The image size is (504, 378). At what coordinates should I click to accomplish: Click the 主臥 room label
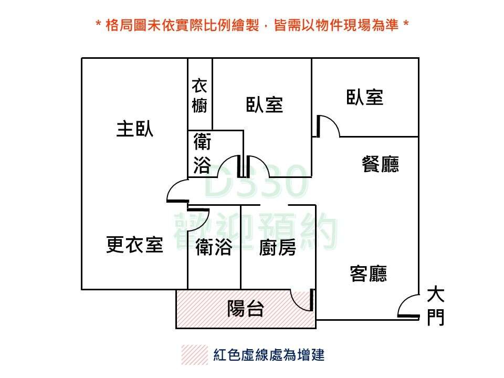pos(135,129)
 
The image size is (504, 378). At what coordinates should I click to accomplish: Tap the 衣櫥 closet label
pos(199,96)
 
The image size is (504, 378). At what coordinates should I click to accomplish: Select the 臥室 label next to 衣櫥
pos(265,104)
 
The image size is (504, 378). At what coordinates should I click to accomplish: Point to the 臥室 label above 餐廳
pos(365,97)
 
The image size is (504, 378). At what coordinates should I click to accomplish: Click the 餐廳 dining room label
pos(381,164)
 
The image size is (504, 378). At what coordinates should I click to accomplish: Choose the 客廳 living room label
pos(369,274)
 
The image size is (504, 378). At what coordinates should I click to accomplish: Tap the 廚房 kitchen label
pos(277,247)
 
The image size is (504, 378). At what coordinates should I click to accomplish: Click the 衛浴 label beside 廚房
pos(214,247)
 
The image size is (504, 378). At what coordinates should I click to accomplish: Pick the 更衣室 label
pos(134,245)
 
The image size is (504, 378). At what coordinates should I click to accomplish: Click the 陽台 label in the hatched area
pos(245,309)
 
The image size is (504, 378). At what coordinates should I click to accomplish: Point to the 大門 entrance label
pos(436,305)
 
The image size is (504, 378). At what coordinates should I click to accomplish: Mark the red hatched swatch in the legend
pos(194,355)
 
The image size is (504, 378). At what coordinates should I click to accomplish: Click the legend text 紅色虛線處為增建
pos(269,355)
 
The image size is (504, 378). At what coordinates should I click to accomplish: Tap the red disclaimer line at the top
pos(252,25)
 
